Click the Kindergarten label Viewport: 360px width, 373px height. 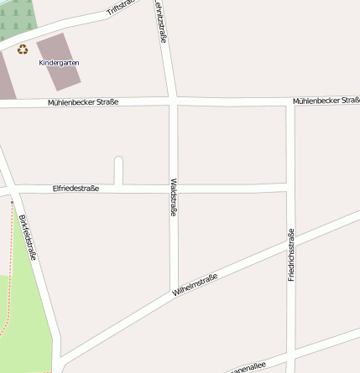pos(59,63)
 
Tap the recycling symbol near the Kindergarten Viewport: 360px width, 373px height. pos(22,49)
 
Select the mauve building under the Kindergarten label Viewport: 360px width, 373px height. pos(59,75)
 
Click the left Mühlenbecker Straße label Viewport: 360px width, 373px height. pos(83,101)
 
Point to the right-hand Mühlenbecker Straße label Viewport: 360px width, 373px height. pos(326,101)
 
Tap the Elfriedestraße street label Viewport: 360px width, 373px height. pos(76,189)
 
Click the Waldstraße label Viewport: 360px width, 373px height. pos(174,198)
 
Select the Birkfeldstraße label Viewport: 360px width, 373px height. pos(27,237)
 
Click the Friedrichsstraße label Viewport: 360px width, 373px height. pos(291,253)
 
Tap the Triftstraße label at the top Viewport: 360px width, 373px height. pos(121,8)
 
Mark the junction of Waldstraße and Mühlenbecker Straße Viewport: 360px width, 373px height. pos(174,101)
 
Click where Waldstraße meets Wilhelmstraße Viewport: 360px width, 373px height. pos(175,293)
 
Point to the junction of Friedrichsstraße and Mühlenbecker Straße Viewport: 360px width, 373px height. pos(291,102)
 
